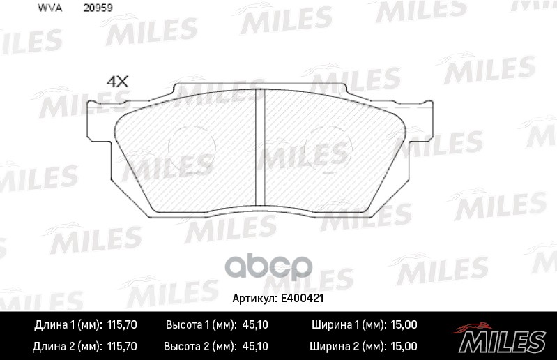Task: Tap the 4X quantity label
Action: click(118, 81)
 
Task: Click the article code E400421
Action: click(303, 298)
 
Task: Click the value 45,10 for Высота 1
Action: click(255, 325)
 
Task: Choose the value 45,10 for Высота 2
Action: click(255, 345)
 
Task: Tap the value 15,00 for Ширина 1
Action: click(404, 325)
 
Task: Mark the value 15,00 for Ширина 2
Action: click(404, 345)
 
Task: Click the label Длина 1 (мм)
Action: click(67, 325)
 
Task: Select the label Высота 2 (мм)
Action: click(197, 345)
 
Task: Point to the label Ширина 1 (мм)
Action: click(345, 325)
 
